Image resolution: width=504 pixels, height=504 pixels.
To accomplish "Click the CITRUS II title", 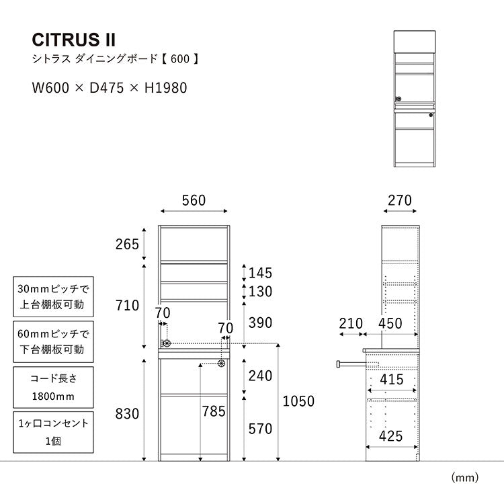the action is [74, 40].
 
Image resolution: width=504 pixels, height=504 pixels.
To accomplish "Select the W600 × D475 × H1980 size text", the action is [110, 88].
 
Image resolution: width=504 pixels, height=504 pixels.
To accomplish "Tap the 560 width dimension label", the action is [194, 200].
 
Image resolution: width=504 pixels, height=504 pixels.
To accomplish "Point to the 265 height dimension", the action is [127, 245].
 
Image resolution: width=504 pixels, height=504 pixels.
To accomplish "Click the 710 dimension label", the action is [127, 305].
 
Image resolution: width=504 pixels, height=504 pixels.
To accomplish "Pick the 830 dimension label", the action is [127, 414].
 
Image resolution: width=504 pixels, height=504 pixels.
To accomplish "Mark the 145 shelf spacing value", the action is [260, 273].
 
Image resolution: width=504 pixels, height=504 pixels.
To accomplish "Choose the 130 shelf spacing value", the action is [260, 291].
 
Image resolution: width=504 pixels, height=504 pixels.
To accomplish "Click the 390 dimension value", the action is [260, 323].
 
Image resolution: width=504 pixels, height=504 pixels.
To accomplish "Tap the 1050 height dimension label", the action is [298, 401].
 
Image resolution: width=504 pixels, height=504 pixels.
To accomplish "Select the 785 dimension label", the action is [214, 411].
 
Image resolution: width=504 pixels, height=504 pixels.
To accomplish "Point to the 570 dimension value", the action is [260, 429].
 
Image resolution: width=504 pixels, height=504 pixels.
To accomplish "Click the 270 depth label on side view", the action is [400, 200].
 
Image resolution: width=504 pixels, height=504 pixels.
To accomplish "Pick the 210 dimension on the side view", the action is [351, 323].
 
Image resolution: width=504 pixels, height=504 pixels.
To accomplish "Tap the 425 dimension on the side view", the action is [390, 436].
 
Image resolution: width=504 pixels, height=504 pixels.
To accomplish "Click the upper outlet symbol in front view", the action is [167, 343].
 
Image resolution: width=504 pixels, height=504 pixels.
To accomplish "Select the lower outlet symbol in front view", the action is [221, 364].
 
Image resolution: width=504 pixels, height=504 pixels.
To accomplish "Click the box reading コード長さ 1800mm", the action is [53, 387].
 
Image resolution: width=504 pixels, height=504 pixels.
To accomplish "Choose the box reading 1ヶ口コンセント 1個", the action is [53, 432].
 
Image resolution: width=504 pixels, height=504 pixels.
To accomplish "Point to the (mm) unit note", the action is [465, 478].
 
